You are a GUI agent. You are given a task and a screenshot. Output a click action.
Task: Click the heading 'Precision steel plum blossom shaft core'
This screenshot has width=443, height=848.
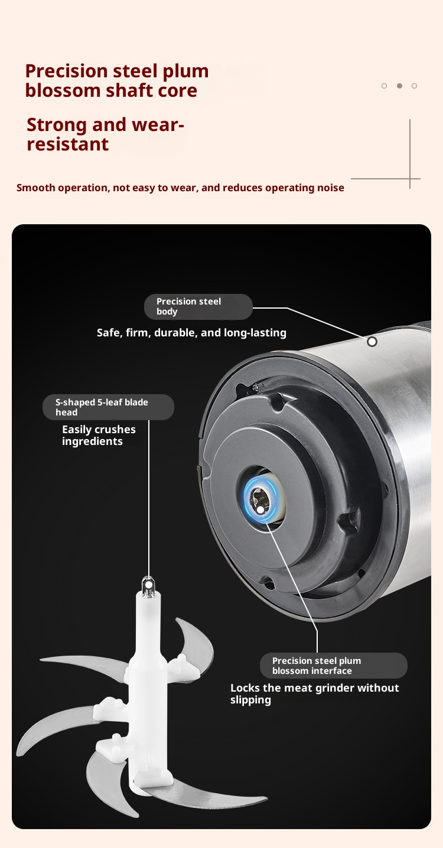117,81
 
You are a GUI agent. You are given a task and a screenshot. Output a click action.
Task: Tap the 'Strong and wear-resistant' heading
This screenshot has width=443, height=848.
105,134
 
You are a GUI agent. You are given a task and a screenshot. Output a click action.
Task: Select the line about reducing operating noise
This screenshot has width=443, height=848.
180,188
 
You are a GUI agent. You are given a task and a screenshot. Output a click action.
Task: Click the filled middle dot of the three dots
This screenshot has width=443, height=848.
399,86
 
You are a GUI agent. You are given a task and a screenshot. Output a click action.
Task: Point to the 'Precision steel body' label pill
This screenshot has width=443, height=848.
198,307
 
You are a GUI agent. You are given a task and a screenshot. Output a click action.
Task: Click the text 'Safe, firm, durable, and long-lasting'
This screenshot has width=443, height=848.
191,333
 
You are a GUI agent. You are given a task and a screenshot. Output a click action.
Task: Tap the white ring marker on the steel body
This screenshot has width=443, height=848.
372,342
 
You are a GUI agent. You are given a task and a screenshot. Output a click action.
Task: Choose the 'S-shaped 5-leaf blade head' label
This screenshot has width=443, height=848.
108,407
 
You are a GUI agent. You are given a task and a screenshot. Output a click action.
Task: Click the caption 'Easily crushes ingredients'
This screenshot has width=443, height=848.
99,436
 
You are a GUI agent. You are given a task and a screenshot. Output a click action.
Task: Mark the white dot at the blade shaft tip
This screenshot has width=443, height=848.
148,585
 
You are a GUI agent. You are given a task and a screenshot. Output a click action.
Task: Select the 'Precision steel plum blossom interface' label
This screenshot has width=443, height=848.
334,666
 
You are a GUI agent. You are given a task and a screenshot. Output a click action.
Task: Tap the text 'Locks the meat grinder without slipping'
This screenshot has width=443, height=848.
315,693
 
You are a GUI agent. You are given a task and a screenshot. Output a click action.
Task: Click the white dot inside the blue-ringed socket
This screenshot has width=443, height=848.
260,510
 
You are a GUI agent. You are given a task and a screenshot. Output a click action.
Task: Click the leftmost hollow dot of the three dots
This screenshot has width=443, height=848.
385,86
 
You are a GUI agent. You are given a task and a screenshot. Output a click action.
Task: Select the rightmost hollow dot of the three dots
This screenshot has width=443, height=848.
414,86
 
